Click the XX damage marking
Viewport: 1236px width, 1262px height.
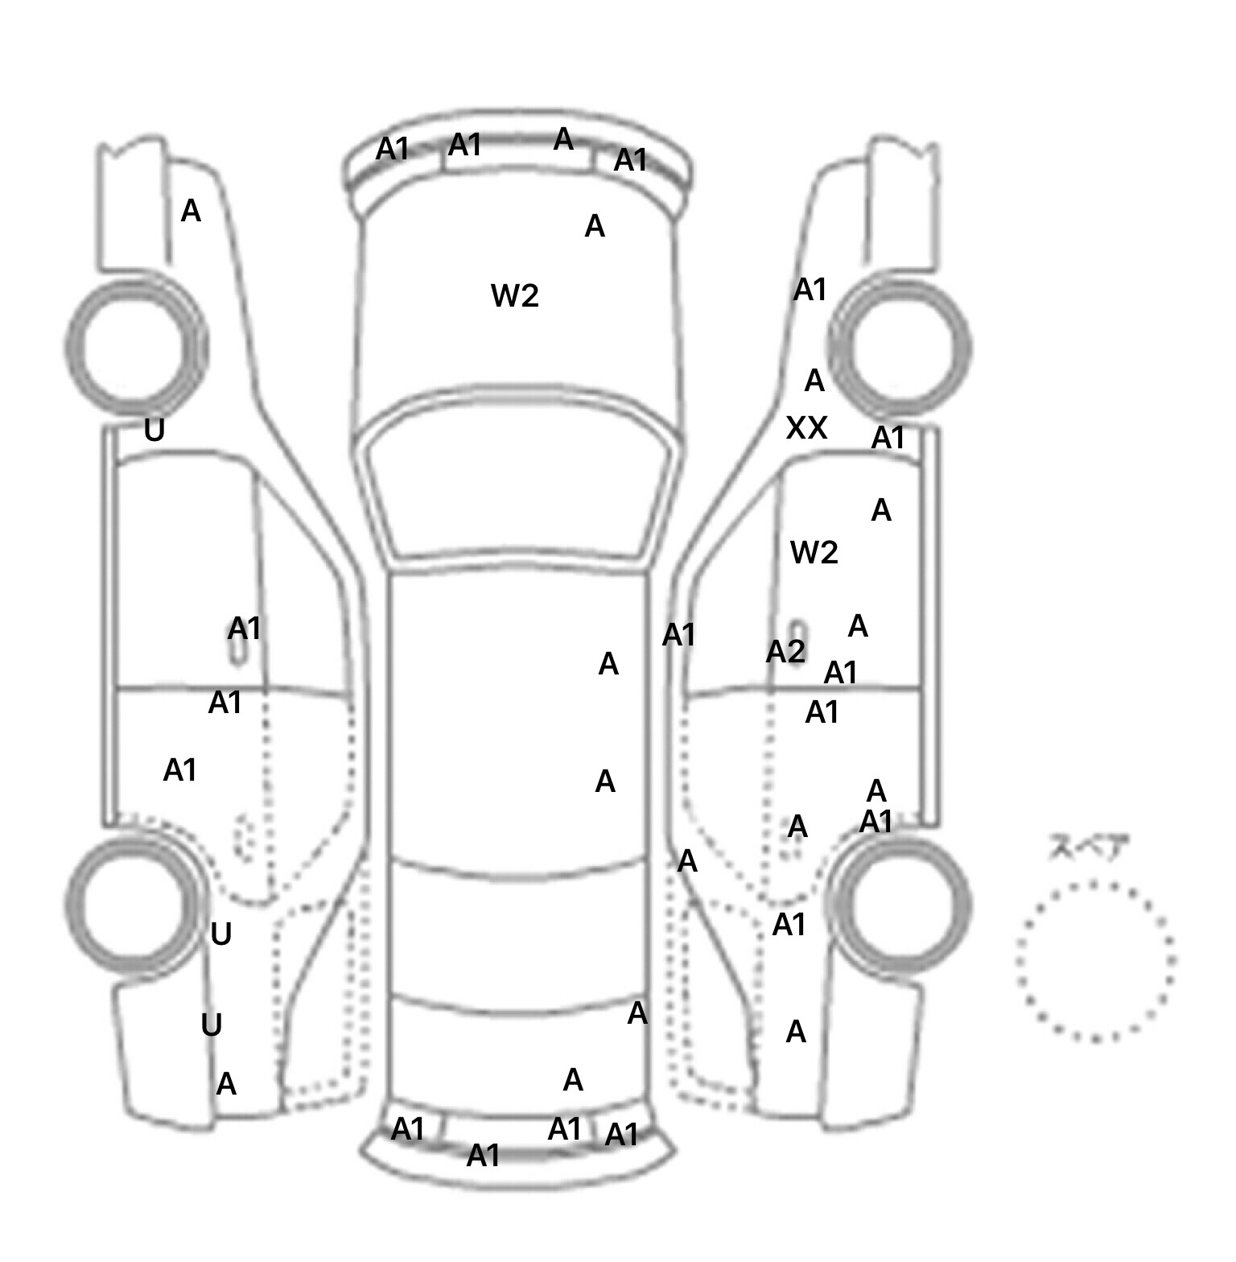(x=806, y=428)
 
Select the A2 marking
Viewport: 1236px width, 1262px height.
(x=785, y=652)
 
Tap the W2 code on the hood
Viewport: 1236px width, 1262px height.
(x=514, y=296)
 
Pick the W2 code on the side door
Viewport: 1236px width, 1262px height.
(x=814, y=553)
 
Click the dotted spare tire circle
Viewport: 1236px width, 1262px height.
(x=1095, y=962)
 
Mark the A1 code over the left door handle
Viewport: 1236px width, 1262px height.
(x=244, y=629)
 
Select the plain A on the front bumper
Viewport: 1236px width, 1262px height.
(x=563, y=140)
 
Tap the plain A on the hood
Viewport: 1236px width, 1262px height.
(x=594, y=227)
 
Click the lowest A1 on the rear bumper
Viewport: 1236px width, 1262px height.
(x=483, y=1156)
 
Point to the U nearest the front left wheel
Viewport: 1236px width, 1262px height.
(x=154, y=431)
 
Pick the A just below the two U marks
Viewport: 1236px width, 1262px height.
(x=226, y=1085)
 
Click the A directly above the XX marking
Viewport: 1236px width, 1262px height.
(x=814, y=381)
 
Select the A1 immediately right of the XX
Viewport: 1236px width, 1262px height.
(x=888, y=439)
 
